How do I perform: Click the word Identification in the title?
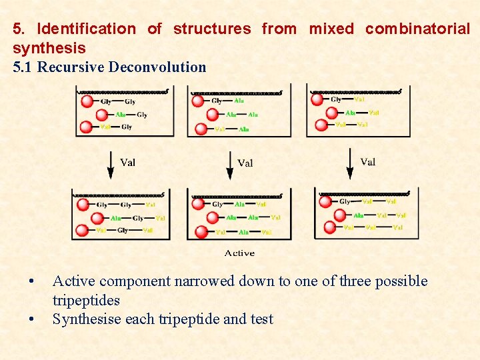point(86,29)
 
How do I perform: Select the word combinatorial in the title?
point(417,29)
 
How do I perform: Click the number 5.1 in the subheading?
point(23,67)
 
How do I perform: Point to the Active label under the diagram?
point(239,253)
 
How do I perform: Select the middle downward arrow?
point(229,164)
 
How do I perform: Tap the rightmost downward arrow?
point(349,163)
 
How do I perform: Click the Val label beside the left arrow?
point(127,161)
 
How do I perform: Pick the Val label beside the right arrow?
point(367,161)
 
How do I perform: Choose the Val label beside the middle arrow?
point(245,163)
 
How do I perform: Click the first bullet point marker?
point(31,281)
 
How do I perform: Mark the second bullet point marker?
point(31,319)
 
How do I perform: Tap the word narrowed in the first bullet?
point(203,281)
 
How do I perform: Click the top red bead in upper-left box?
point(87,101)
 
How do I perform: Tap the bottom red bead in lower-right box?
point(330,227)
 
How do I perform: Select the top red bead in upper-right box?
point(318,100)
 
